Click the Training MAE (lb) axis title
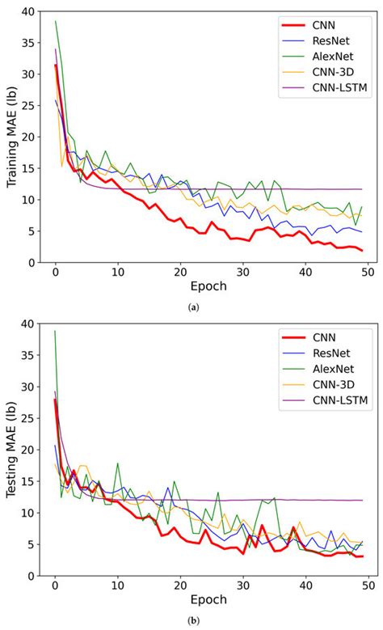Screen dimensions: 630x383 point(12,137)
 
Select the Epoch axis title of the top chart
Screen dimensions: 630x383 point(208,285)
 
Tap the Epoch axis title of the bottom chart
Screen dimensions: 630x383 point(208,600)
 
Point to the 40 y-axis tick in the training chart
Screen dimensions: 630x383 point(29,11)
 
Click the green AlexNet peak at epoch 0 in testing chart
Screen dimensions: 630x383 point(55,331)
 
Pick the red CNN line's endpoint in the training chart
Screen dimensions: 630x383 point(362,250)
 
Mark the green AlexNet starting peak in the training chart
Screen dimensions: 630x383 point(55,21)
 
